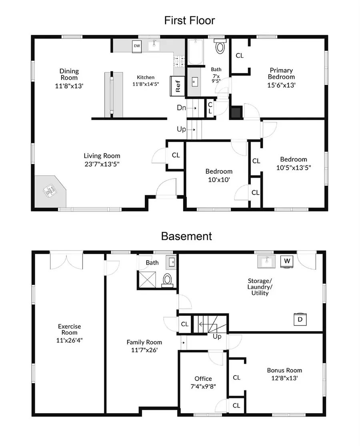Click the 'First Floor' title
(x=190, y=20)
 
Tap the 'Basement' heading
(x=186, y=236)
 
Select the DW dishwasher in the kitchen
(x=137, y=46)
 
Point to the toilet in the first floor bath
(x=220, y=46)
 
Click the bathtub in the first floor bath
(x=196, y=52)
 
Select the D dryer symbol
(x=300, y=319)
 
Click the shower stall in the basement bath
(x=147, y=279)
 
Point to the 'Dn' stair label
(x=181, y=108)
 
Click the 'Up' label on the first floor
(x=181, y=129)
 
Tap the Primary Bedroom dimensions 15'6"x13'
(x=281, y=85)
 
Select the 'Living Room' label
(x=102, y=156)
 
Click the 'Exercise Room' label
(x=69, y=329)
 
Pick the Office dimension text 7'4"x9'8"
(x=203, y=386)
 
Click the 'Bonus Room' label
(x=284, y=370)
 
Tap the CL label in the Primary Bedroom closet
(x=240, y=56)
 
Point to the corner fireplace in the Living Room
(x=50, y=191)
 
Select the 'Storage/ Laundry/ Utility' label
(x=260, y=287)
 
